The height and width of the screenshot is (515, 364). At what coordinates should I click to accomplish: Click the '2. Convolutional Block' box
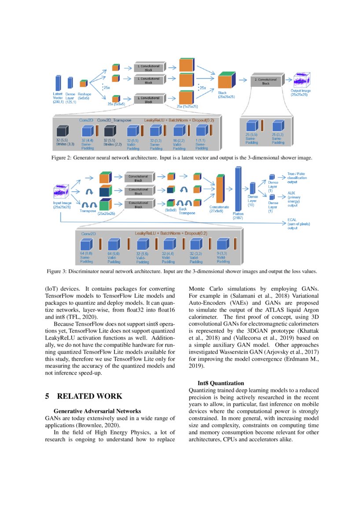pyautogui.click(x=266, y=81)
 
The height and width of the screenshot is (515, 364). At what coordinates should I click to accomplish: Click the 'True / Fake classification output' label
pyautogui.click(x=297, y=178)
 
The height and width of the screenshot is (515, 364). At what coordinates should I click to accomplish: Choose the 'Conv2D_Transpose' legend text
pyautogui.click(x=114, y=120)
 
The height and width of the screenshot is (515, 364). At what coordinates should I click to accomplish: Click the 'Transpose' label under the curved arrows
pyautogui.click(x=88, y=211)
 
